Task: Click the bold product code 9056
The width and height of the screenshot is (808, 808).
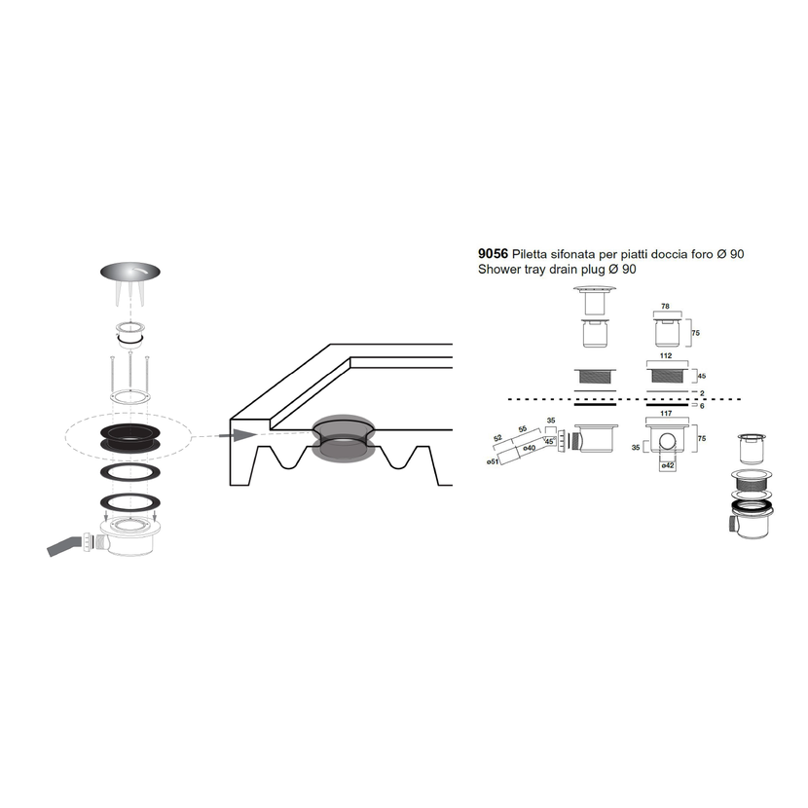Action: [x=493, y=253]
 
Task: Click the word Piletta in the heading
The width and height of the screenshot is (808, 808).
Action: [x=530, y=253]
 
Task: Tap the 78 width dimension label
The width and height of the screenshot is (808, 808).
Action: [x=665, y=306]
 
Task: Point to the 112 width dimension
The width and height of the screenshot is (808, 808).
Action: [x=666, y=355]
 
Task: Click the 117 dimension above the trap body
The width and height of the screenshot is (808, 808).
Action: [x=666, y=414]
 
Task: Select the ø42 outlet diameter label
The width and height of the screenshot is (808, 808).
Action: [x=667, y=465]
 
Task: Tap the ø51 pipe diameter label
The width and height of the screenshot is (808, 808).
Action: [x=493, y=461]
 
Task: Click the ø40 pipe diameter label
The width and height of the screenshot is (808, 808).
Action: [x=530, y=448]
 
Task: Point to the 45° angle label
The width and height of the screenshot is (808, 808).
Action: [x=549, y=442]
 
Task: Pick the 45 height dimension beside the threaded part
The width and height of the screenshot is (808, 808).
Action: [x=701, y=376]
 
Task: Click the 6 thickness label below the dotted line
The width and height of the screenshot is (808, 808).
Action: [x=702, y=406]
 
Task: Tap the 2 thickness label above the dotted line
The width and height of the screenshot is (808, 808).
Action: [x=702, y=393]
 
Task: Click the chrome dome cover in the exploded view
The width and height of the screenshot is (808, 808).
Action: [x=129, y=272]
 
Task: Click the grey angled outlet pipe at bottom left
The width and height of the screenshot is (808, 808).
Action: [x=64, y=546]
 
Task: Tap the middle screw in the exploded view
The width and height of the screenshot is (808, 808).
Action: [x=130, y=372]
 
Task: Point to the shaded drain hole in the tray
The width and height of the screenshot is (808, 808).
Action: [x=344, y=438]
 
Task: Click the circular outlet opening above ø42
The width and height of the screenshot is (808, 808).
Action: [x=667, y=441]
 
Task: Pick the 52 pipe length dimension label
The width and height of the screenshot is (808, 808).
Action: [x=497, y=438]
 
